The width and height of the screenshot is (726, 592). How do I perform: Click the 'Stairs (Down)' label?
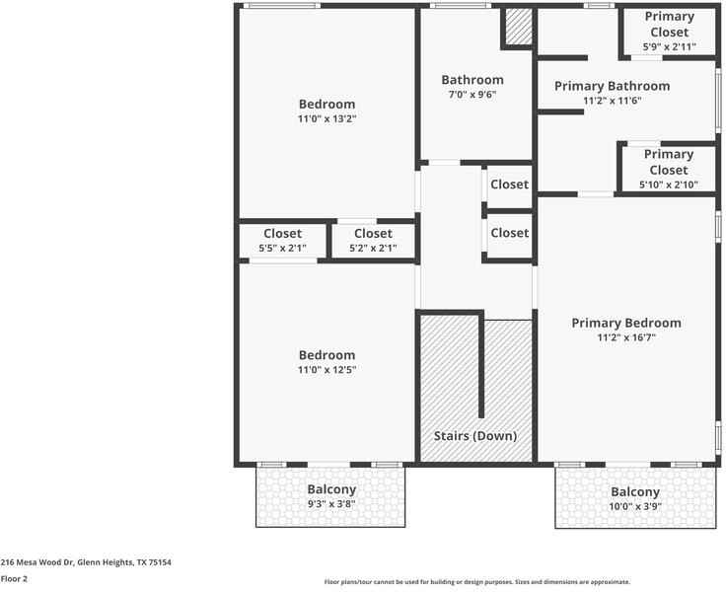pyautogui.click(x=475, y=435)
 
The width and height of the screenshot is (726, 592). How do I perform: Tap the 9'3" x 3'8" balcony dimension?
pyautogui.click(x=331, y=503)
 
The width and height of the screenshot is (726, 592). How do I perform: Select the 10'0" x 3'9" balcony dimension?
pyautogui.click(x=634, y=506)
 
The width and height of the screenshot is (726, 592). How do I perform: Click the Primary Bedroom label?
pyautogui.click(x=626, y=323)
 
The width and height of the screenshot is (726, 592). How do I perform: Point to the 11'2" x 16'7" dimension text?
pyautogui.click(x=626, y=337)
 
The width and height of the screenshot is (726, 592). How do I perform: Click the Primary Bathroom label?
pyautogui.click(x=612, y=86)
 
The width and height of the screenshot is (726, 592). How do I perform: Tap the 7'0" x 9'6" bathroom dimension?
pyautogui.click(x=472, y=95)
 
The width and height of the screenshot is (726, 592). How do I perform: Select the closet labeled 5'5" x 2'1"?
pyautogui.click(x=282, y=241)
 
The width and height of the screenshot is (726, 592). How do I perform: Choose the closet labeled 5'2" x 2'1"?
pyautogui.click(x=373, y=241)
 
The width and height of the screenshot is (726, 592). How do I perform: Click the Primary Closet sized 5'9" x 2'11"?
pyautogui.click(x=669, y=31)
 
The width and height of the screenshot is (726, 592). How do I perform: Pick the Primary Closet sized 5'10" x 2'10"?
pyautogui.click(x=669, y=169)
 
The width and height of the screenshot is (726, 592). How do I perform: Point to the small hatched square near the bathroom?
pyautogui.click(x=518, y=27)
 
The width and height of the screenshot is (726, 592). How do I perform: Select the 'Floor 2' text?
pyautogui.click(x=14, y=579)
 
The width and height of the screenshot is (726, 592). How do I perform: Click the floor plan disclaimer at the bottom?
pyautogui.click(x=476, y=582)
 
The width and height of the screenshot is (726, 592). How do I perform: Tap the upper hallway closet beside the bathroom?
pyautogui.click(x=509, y=185)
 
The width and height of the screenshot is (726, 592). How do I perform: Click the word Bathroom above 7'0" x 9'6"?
pyautogui.click(x=472, y=80)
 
